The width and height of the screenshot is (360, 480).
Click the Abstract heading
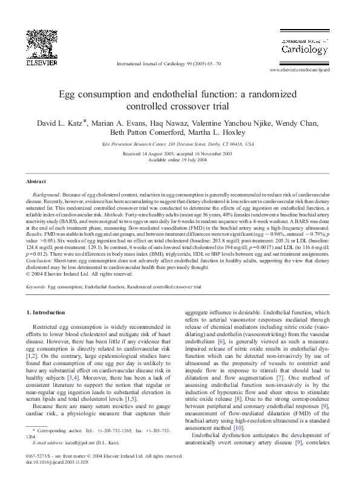tap(38, 181)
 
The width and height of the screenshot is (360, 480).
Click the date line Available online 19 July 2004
tap(180, 160)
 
